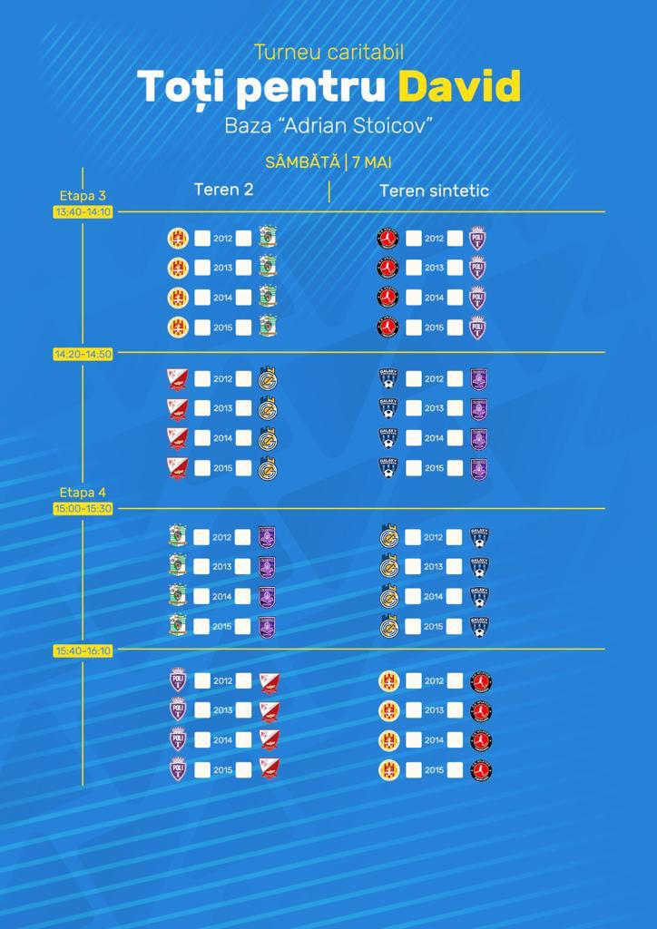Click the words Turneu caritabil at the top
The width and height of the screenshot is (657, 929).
(328, 53)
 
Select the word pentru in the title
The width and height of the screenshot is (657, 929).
(304, 87)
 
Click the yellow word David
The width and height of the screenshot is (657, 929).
(459, 86)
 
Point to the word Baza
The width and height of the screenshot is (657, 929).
(247, 124)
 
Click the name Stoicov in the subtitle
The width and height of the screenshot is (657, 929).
(391, 124)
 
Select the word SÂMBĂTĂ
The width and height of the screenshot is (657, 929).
(302, 162)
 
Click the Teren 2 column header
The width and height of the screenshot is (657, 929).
(223, 190)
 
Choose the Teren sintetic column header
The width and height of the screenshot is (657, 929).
(434, 191)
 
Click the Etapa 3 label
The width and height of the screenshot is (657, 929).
(83, 195)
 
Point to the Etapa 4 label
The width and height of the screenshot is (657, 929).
(83, 493)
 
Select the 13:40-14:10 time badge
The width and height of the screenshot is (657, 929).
(83, 211)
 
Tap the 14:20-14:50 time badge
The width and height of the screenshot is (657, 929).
(83, 354)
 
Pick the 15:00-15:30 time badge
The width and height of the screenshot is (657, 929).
(83, 508)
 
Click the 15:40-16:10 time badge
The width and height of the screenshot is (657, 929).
(83, 650)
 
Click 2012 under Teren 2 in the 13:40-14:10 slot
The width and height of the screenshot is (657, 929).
(222, 239)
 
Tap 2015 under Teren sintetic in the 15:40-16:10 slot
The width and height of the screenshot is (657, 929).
(434, 770)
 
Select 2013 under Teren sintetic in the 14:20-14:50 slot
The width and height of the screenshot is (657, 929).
(434, 409)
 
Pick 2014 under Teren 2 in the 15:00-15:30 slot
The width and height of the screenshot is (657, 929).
(222, 596)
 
